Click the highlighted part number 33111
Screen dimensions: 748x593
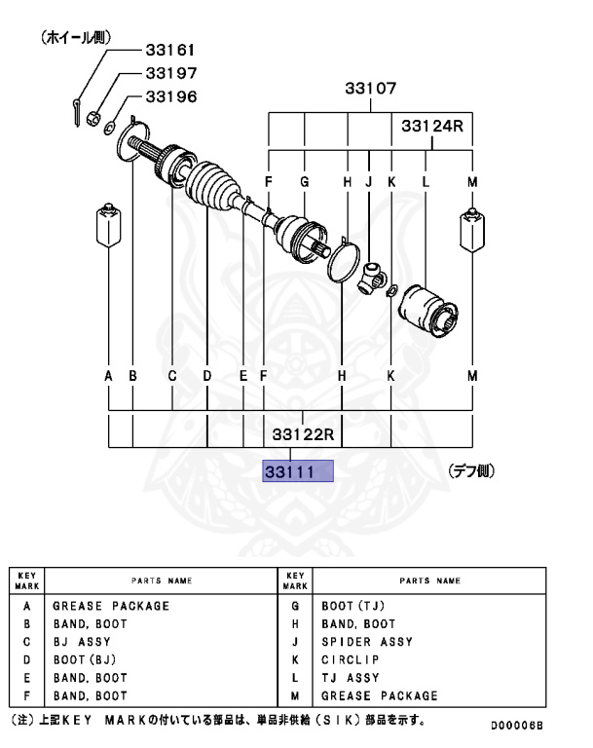tap(298, 472)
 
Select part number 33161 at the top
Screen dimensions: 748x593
tap(170, 49)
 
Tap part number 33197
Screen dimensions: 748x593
tap(170, 73)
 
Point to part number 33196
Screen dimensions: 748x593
tap(170, 96)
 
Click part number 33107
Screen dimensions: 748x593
tap(370, 89)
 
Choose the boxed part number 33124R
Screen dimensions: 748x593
tap(432, 128)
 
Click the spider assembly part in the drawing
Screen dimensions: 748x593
tap(372, 276)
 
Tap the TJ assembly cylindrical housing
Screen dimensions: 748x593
tap(427, 313)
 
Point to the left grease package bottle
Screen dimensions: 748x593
tap(106, 228)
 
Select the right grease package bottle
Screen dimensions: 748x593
tap(472, 229)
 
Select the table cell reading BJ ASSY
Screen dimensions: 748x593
tap(82, 642)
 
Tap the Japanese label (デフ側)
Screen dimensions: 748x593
tap(471, 471)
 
